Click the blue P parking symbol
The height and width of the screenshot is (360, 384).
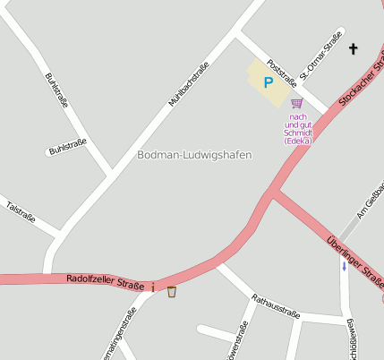click(268, 82)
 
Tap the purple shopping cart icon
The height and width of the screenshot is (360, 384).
click(296, 104)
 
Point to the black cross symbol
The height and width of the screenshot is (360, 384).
click(353, 48)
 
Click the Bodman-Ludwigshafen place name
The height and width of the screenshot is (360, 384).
click(194, 155)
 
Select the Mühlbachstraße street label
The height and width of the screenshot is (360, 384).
click(189, 85)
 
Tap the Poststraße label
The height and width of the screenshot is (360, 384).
click(282, 71)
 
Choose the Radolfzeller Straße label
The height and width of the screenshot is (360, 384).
click(105, 281)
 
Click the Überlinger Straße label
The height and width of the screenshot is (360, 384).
click(354, 259)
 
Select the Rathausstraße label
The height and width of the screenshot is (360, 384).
click(275, 306)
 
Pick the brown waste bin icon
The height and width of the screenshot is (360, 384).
click(171, 291)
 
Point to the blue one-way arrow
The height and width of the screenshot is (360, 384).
click(345, 267)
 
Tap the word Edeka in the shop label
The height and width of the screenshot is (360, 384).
click(298, 141)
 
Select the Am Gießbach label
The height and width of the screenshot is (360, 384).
click(370, 200)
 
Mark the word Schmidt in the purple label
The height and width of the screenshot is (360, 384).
click(298, 133)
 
